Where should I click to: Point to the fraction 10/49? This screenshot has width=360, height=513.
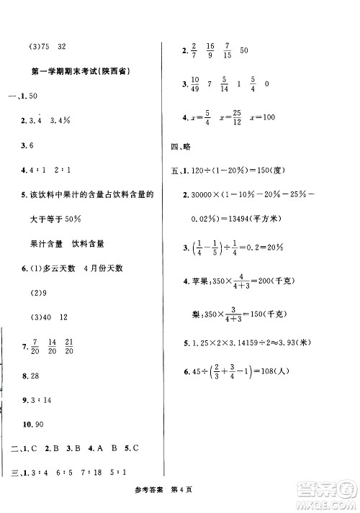point(196,84)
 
